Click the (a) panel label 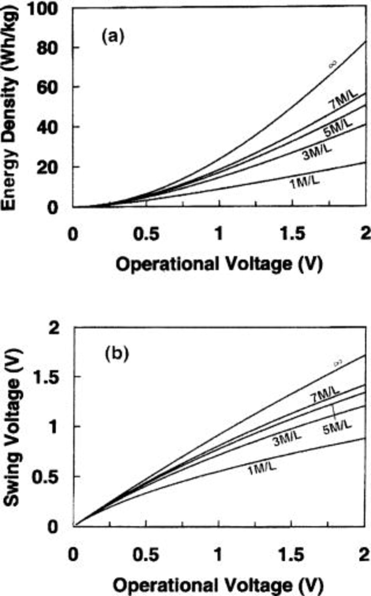coord(113,36)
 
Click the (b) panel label coord(116,354)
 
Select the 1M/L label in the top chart coord(305,182)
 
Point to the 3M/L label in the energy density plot coord(317,153)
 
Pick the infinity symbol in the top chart coord(333,64)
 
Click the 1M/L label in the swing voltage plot coord(262,468)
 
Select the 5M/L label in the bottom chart coord(337,428)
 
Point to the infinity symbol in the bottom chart coord(338,364)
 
